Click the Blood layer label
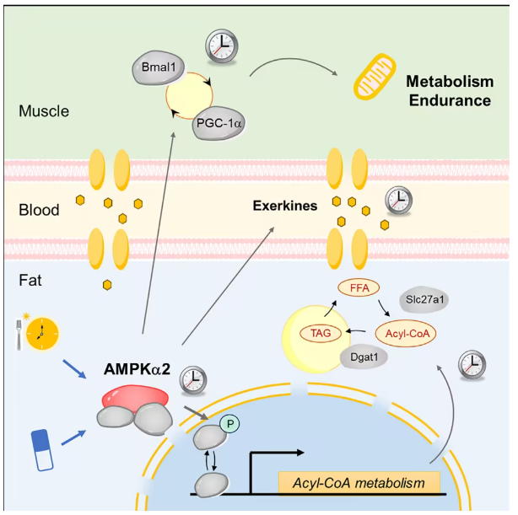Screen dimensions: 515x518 tap(39, 210)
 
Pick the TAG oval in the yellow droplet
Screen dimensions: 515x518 tap(318, 334)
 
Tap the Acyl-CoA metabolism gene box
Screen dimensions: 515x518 tap(359, 483)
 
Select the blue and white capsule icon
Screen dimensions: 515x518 tap(41, 446)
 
